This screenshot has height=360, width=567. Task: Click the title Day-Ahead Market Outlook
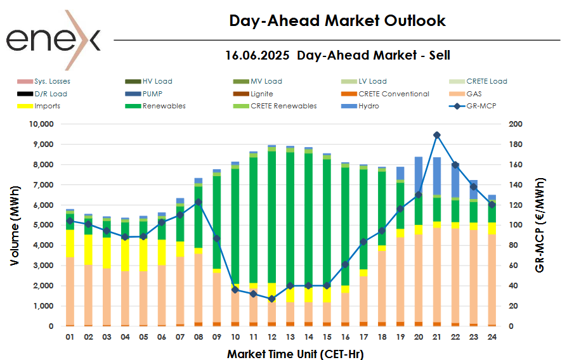coord(337,21)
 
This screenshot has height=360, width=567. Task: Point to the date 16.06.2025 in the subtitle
coord(257,55)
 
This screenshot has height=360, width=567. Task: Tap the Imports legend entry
coord(48,106)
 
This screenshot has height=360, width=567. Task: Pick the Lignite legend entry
coord(261,94)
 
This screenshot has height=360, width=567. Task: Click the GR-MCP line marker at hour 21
coord(437,135)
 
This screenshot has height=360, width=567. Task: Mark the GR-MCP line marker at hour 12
coord(271,299)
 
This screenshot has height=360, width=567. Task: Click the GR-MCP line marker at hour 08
coord(198,202)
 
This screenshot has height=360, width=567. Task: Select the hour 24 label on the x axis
coord(492,337)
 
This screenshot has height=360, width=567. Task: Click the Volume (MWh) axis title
coord(15,225)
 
